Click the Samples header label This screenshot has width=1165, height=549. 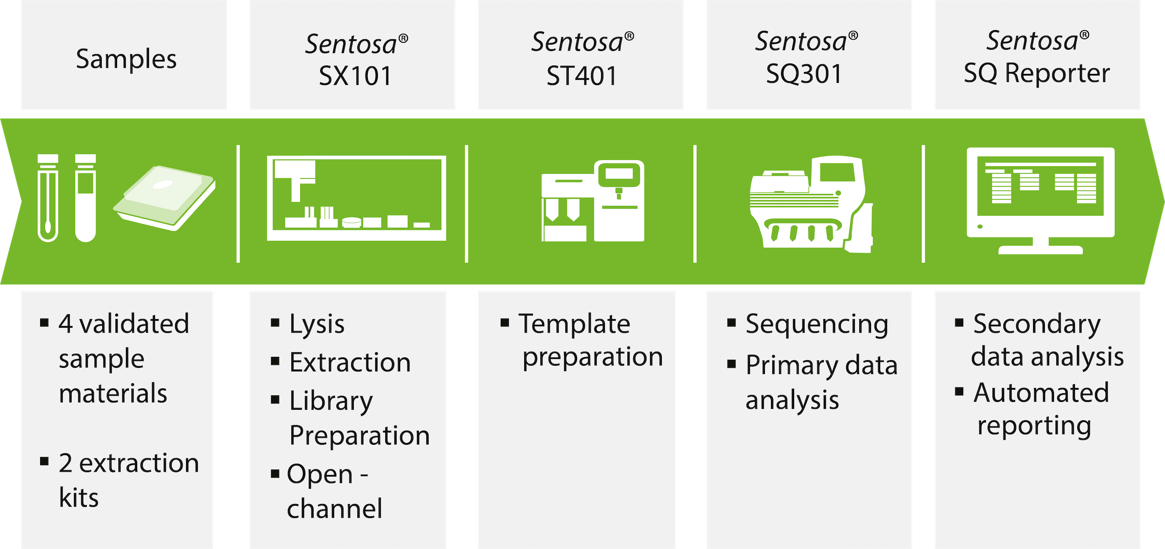click(126, 59)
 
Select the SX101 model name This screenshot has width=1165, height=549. click(355, 75)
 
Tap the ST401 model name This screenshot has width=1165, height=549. click(581, 75)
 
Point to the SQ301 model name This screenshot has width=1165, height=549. click(804, 74)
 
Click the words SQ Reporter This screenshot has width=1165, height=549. click(1037, 73)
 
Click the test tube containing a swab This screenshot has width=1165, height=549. click(48, 198)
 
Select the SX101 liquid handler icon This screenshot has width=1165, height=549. click(356, 198)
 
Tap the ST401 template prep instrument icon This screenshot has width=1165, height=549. click(593, 201)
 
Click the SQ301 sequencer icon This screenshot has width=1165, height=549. click(811, 204)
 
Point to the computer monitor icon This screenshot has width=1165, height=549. click(1041, 201)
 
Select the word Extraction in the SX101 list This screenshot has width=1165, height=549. click(350, 362)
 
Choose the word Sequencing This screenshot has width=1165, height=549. click(817, 325)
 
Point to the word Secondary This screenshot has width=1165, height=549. click(1037, 325)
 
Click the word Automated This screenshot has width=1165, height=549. click(1041, 392)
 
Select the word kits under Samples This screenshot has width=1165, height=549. click(79, 498)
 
